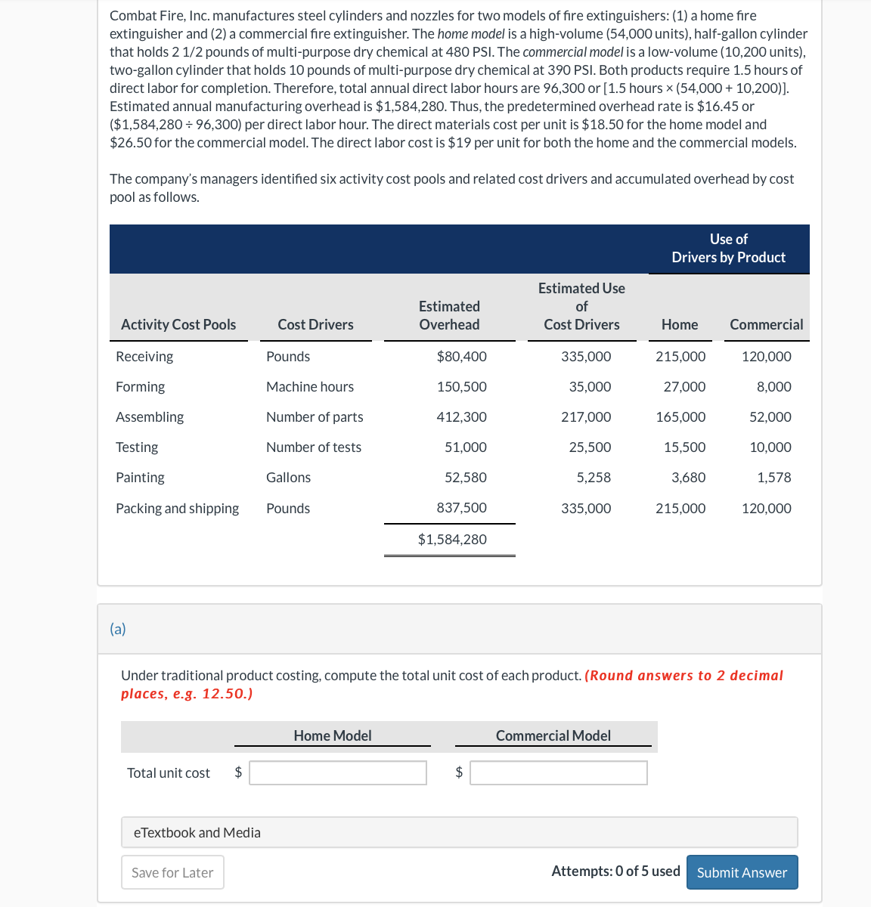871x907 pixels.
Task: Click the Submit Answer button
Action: point(742,872)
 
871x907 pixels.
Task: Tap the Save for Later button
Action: point(172,872)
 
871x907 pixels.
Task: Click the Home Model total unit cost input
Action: point(338,772)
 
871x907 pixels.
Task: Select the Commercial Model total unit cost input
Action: point(558,772)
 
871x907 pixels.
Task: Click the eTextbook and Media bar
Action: point(459,832)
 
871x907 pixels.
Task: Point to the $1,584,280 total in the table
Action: point(452,540)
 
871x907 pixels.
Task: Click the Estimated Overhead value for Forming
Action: point(461,387)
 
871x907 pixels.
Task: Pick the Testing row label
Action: point(137,447)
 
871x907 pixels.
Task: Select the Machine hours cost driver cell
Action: point(310,387)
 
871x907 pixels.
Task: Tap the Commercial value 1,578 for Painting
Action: point(773,478)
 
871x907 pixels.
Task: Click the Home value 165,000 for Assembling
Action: point(680,417)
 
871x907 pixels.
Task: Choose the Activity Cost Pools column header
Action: point(178,325)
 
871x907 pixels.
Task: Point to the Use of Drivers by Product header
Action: point(728,249)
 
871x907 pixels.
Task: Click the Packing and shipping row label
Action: point(177,509)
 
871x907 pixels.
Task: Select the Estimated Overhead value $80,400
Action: point(461,357)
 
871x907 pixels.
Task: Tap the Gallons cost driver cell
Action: point(288,478)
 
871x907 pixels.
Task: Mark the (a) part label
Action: point(118,629)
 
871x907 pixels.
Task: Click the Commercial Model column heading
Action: point(553,736)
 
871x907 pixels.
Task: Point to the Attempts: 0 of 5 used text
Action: point(615,871)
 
